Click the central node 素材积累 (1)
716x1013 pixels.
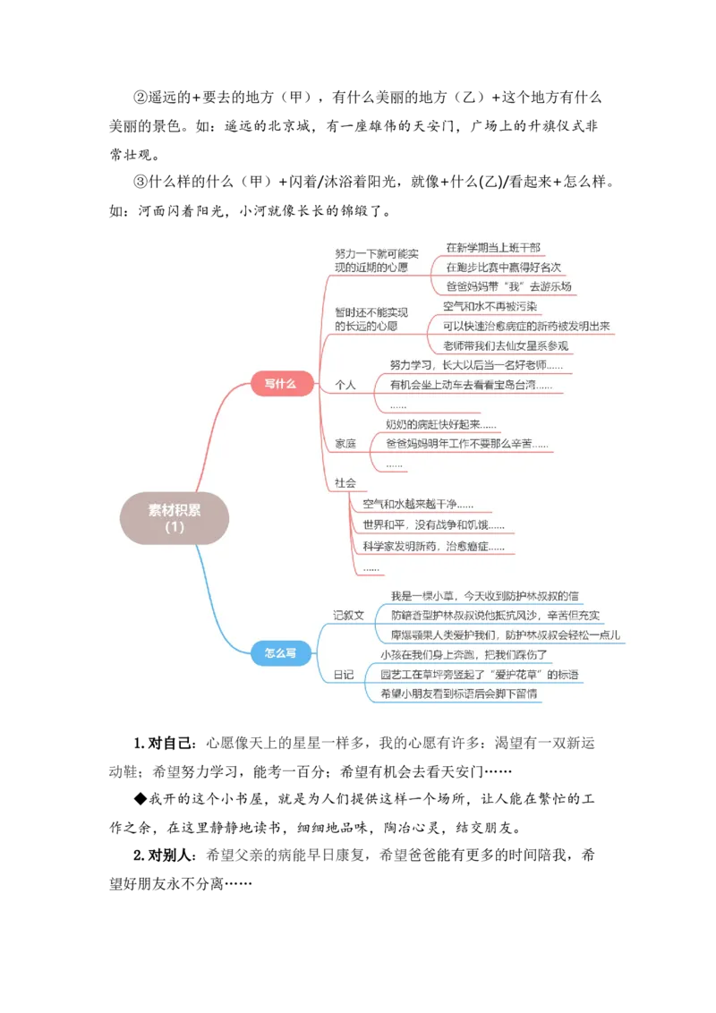click(175, 518)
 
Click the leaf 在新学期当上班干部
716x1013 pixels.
click(493, 247)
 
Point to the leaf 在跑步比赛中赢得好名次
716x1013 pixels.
click(503, 267)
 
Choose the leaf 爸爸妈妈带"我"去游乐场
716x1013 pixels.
click(507, 287)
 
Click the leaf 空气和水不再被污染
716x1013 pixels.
click(490, 307)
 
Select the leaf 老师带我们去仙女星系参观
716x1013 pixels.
click(506, 346)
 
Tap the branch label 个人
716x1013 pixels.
click(345, 385)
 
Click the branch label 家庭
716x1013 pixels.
click(345, 444)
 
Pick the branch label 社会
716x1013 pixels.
click(345, 482)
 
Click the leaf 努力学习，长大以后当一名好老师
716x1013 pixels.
click(476, 365)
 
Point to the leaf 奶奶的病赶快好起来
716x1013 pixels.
click(440, 424)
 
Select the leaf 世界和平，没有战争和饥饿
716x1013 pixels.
click(433, 525)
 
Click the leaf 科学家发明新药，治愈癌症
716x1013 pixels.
click(433, 546)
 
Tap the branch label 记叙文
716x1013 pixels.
click(349, 615)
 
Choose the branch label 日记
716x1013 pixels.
click(344, 674)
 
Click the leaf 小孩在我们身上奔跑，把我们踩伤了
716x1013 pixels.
click(464, 654)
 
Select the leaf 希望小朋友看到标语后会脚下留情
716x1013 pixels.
click(458, 694)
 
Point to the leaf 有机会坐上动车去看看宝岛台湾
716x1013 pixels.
click(471, 385)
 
